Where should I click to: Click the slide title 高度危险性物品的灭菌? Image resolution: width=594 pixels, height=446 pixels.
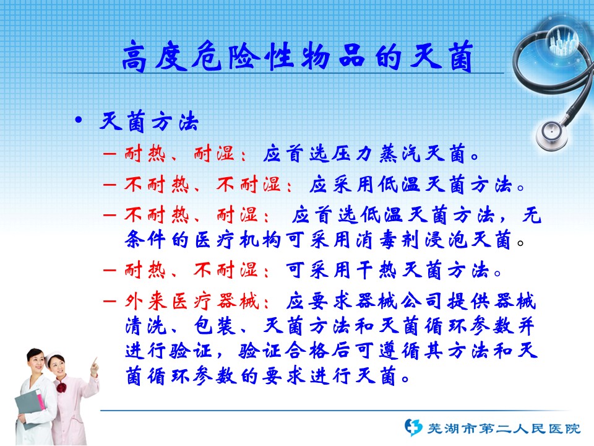298,56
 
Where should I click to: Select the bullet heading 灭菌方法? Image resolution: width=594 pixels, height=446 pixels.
149,121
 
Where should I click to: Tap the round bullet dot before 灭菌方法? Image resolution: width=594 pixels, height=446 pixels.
79,120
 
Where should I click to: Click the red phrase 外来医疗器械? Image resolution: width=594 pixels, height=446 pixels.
192,302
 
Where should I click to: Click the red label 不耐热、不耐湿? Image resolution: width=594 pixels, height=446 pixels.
203,185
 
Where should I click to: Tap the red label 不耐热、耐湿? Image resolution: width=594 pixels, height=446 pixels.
191,216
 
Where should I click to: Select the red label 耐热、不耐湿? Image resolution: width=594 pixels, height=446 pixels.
191,271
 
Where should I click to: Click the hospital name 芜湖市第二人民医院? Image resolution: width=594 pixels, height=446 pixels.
504,429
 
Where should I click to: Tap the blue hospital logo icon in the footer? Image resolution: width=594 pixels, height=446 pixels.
413,427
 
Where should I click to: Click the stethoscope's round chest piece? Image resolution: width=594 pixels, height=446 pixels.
551,134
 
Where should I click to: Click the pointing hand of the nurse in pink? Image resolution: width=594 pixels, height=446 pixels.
94,367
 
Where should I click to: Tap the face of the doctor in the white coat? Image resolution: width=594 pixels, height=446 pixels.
37,362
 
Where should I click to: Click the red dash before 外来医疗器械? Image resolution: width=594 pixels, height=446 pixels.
110,302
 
